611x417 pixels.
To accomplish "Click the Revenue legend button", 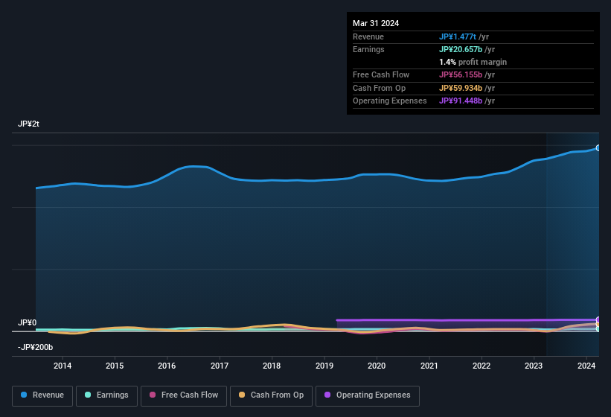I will (x=42, y=395).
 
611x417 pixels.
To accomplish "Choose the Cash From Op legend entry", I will (x=271, y=395).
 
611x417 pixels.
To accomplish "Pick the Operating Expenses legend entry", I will (x=367, y=395).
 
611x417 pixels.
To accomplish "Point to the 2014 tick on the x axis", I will (x=63, y=366).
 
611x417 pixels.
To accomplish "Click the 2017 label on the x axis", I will (x=220, y=366).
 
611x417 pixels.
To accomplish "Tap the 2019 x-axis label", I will (x=324, y=366).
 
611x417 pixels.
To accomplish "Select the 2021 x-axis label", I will (x=429, y=366).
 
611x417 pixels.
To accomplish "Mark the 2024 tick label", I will (x=586, y=366).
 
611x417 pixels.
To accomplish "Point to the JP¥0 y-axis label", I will (x=27, y=322).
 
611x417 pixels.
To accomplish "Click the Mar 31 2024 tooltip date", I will (x=376, y=23).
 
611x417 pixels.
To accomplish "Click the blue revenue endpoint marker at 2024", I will (x=598, y=147).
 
